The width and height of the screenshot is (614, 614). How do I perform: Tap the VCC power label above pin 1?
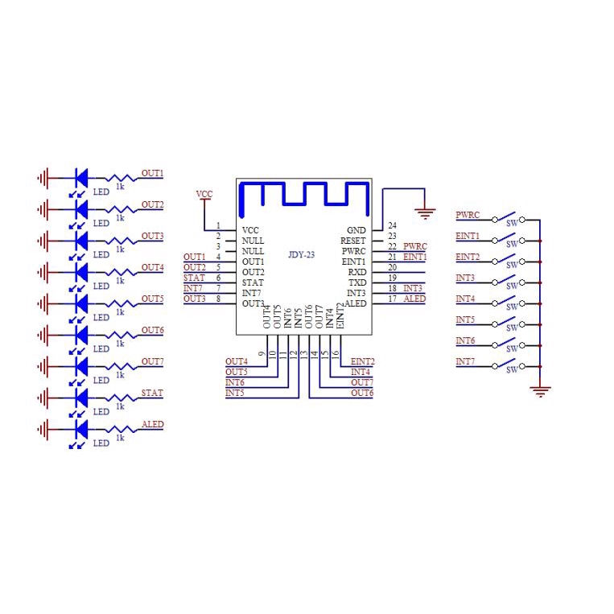(x=205, y=195)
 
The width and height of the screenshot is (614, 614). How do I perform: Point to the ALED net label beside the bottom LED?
(x=152, y=424)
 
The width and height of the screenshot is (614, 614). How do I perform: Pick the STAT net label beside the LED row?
(x=152, y=393)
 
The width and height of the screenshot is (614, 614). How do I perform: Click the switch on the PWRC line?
(x=509, y=218)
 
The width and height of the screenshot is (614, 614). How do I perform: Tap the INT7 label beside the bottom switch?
(x=465, y=362)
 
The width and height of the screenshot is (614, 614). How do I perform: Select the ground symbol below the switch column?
(x=542, y=392)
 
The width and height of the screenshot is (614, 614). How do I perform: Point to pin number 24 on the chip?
(x=392, y=226)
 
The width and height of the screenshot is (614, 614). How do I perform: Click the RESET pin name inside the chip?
(x=352, y=241)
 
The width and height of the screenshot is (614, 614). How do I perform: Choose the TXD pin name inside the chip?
(x=357, y=282)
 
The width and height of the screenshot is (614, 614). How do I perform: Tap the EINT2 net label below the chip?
(x=362, y=362)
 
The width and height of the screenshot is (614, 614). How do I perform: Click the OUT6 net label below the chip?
(x=362, y=393)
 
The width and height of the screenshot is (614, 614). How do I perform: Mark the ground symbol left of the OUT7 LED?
(x=44, y=366)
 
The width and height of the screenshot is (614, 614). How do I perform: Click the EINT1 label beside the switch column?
(x=468, y=237)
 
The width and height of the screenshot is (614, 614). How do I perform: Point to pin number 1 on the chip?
(x=218, y=226)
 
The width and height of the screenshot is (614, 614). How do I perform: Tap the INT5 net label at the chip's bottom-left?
(x=235, y=394)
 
